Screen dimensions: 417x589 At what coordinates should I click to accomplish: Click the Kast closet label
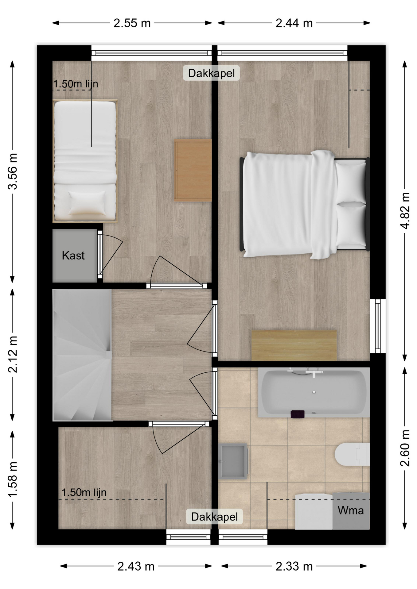pos(73,255)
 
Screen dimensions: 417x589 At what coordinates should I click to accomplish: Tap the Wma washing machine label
pos(351,510)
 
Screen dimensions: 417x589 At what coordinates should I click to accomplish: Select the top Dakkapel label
pos(211,73)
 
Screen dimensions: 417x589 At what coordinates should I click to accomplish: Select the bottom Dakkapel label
pos(214,517)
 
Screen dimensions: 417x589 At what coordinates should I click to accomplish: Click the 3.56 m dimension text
pos(13,171)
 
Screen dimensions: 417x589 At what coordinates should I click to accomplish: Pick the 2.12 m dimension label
pos(13,354)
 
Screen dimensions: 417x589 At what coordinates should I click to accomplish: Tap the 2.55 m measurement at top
pos(132,23)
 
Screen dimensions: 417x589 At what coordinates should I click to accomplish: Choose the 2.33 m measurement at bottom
pos(294,566)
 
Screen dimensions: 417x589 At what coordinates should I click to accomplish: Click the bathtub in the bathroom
pos(314,393)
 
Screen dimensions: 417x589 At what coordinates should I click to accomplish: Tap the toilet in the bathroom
pos(353,454)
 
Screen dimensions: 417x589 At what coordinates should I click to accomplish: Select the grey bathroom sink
pos(233,461)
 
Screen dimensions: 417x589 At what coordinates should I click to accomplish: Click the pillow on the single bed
pos(87,203)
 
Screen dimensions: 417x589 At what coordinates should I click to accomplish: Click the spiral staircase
pos(82,355)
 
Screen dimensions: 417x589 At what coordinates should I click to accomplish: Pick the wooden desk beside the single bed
pos(193,170)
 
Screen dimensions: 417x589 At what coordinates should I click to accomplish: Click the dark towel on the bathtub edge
pos(298,414)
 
